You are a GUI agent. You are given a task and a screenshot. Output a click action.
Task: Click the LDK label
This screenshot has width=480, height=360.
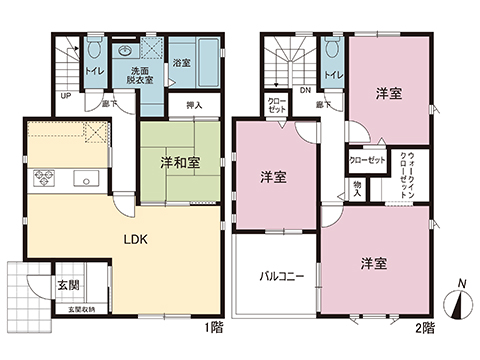pos(136,240)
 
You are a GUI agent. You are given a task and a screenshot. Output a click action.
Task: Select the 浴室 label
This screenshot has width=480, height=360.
pos(182,64)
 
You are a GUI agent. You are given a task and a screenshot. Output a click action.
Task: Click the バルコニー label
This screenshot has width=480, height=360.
pos(276,272)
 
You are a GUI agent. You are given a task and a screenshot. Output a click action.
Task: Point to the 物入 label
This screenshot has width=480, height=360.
pos(357,189)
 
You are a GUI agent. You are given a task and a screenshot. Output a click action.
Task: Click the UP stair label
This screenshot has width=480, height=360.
pos(66,96)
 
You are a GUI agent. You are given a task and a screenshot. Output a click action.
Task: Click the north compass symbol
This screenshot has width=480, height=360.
pos(458,301)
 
